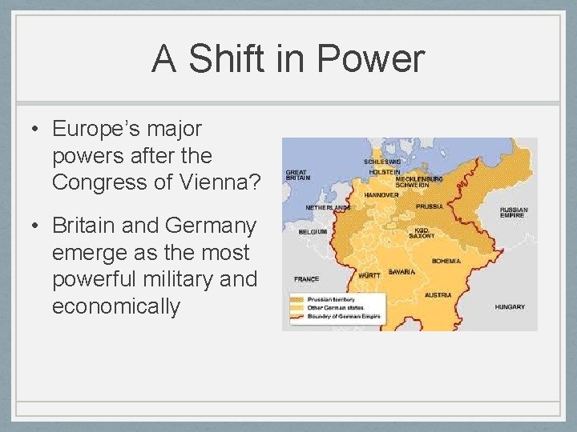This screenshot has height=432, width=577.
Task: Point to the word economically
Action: click(x=116, y=306)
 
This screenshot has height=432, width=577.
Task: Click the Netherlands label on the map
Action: click(x=327, y=207)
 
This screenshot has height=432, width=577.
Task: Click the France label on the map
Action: click(x=306, y=279)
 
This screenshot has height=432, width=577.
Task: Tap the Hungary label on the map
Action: click(x=510, y=307)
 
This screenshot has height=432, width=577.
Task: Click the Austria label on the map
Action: click(x=438, y=294)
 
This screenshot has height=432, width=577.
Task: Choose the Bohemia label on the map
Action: click(x=446, y=261)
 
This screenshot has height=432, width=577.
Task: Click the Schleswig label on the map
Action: click(x=382, y=162)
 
